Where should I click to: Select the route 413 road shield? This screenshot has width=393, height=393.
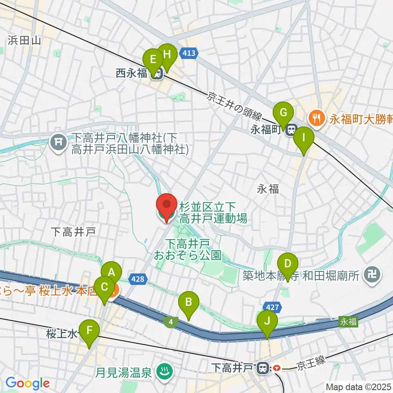[191, 53]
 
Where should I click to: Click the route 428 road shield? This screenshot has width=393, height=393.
[138, 279]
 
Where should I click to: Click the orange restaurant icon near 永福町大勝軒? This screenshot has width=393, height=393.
[317, 119]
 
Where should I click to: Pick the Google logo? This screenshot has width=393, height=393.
[28, 383]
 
